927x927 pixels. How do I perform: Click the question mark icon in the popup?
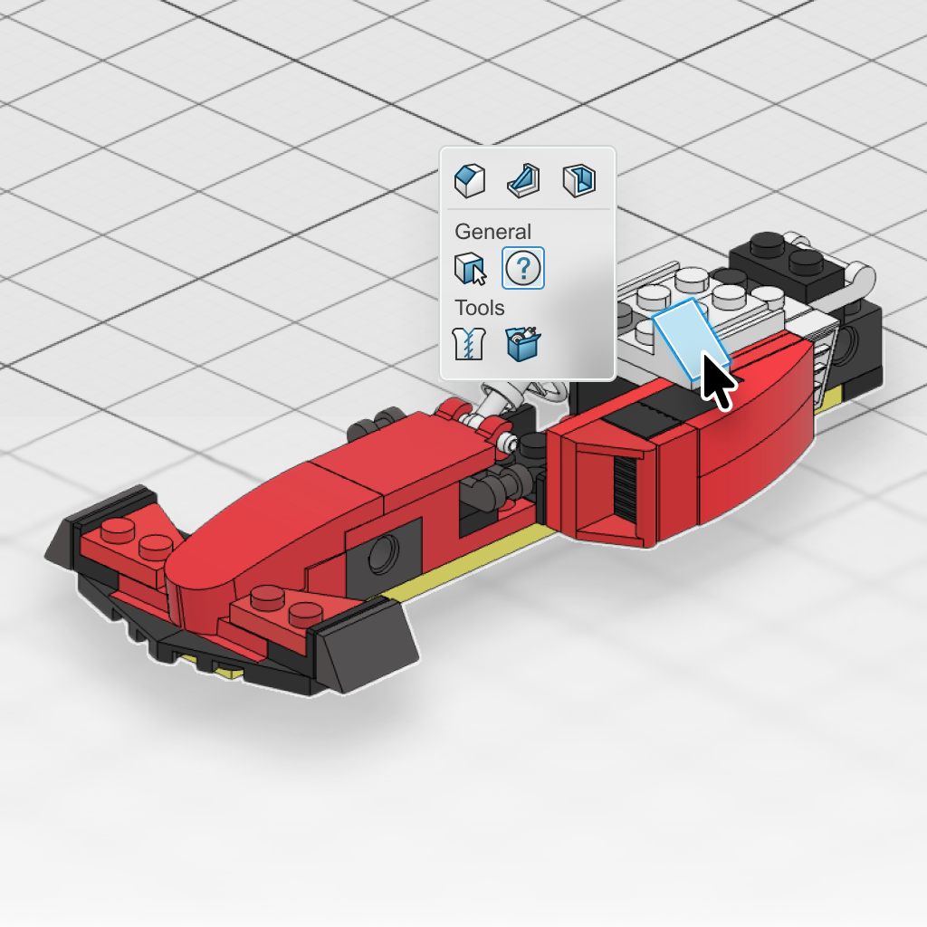[x=523, y=268]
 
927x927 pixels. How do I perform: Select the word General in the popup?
[x=493, y=231]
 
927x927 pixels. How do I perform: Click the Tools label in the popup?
[x=480, y=308]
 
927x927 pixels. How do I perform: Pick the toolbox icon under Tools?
[x=523, y=343]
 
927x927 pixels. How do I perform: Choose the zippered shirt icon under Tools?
[x=469, y=343]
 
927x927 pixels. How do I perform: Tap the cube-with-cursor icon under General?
[x=471, y=268]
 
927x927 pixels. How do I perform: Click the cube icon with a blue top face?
[x=470, y=180]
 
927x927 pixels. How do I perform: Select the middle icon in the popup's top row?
[x=524, y=180]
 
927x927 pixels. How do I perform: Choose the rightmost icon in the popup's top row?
[x=578, y=180]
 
